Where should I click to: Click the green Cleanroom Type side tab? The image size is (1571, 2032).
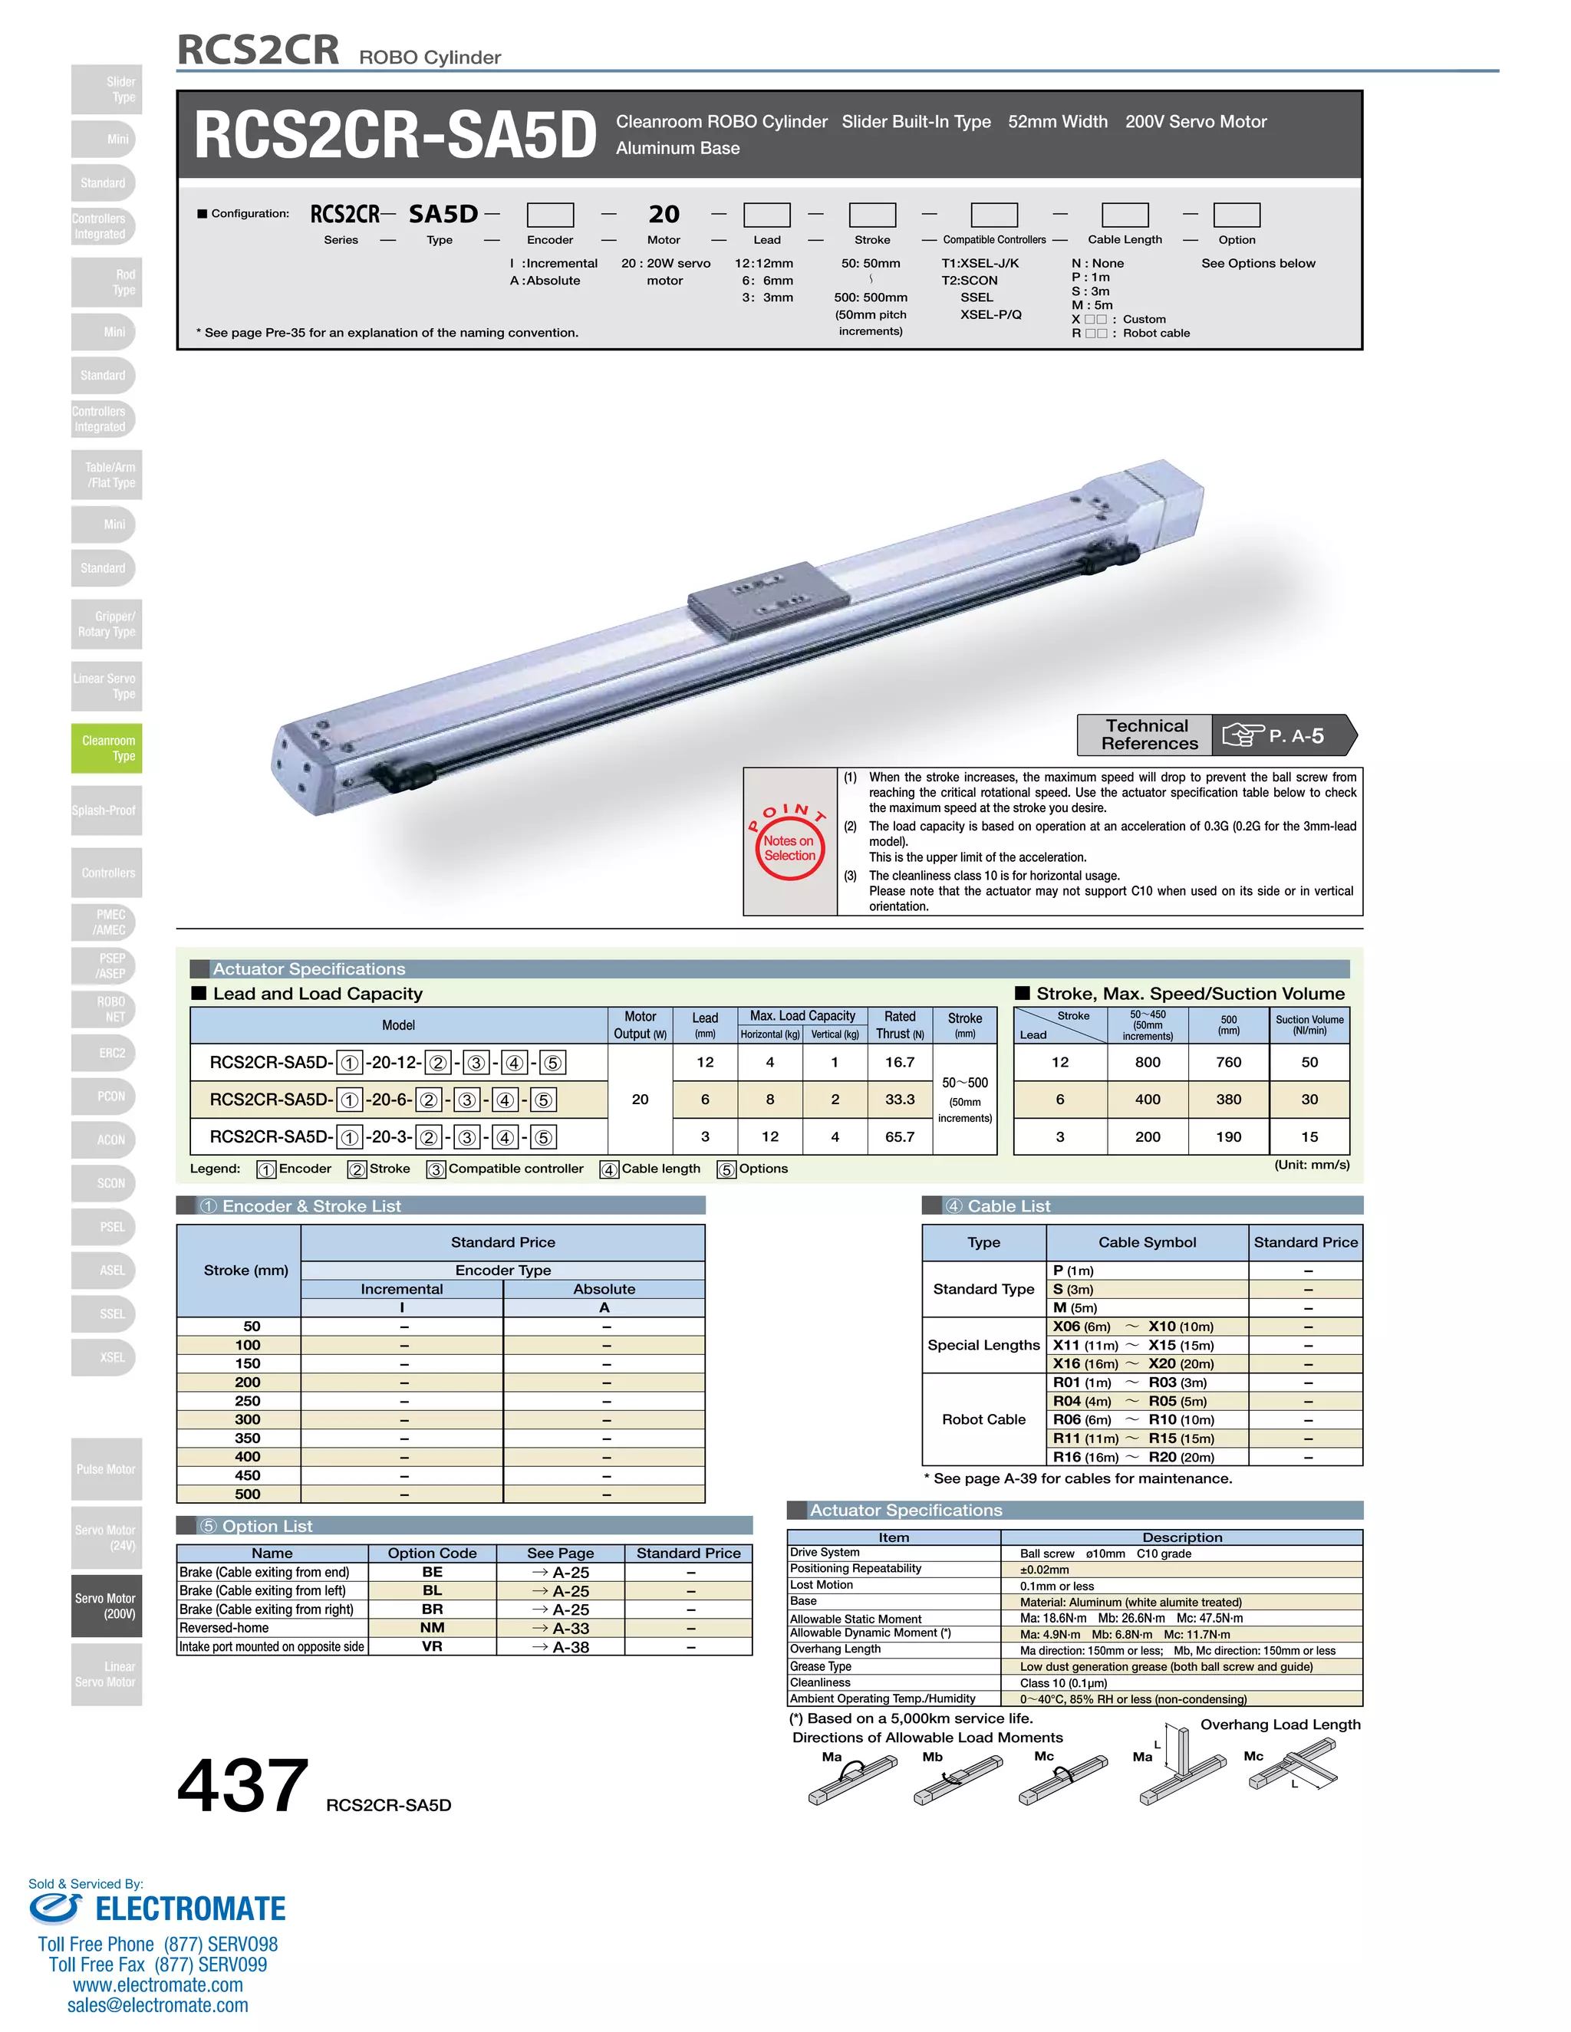coord(107,748)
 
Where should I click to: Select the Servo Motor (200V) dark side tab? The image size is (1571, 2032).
coord(107,1605)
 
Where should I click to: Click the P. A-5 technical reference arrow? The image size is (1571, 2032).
coord(1284,735)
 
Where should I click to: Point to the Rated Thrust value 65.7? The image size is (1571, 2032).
coord(899,1136)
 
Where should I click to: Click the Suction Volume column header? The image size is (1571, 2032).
coord(1309,1024)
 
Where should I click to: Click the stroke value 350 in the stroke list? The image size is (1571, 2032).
coord(248,1438)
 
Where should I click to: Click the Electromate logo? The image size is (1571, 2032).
coord(158,1909)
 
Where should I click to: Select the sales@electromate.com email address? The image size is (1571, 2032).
coord(157,2005)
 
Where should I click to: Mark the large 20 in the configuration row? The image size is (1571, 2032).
coord(664,215)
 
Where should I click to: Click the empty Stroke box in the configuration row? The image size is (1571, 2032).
coord(872,215)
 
